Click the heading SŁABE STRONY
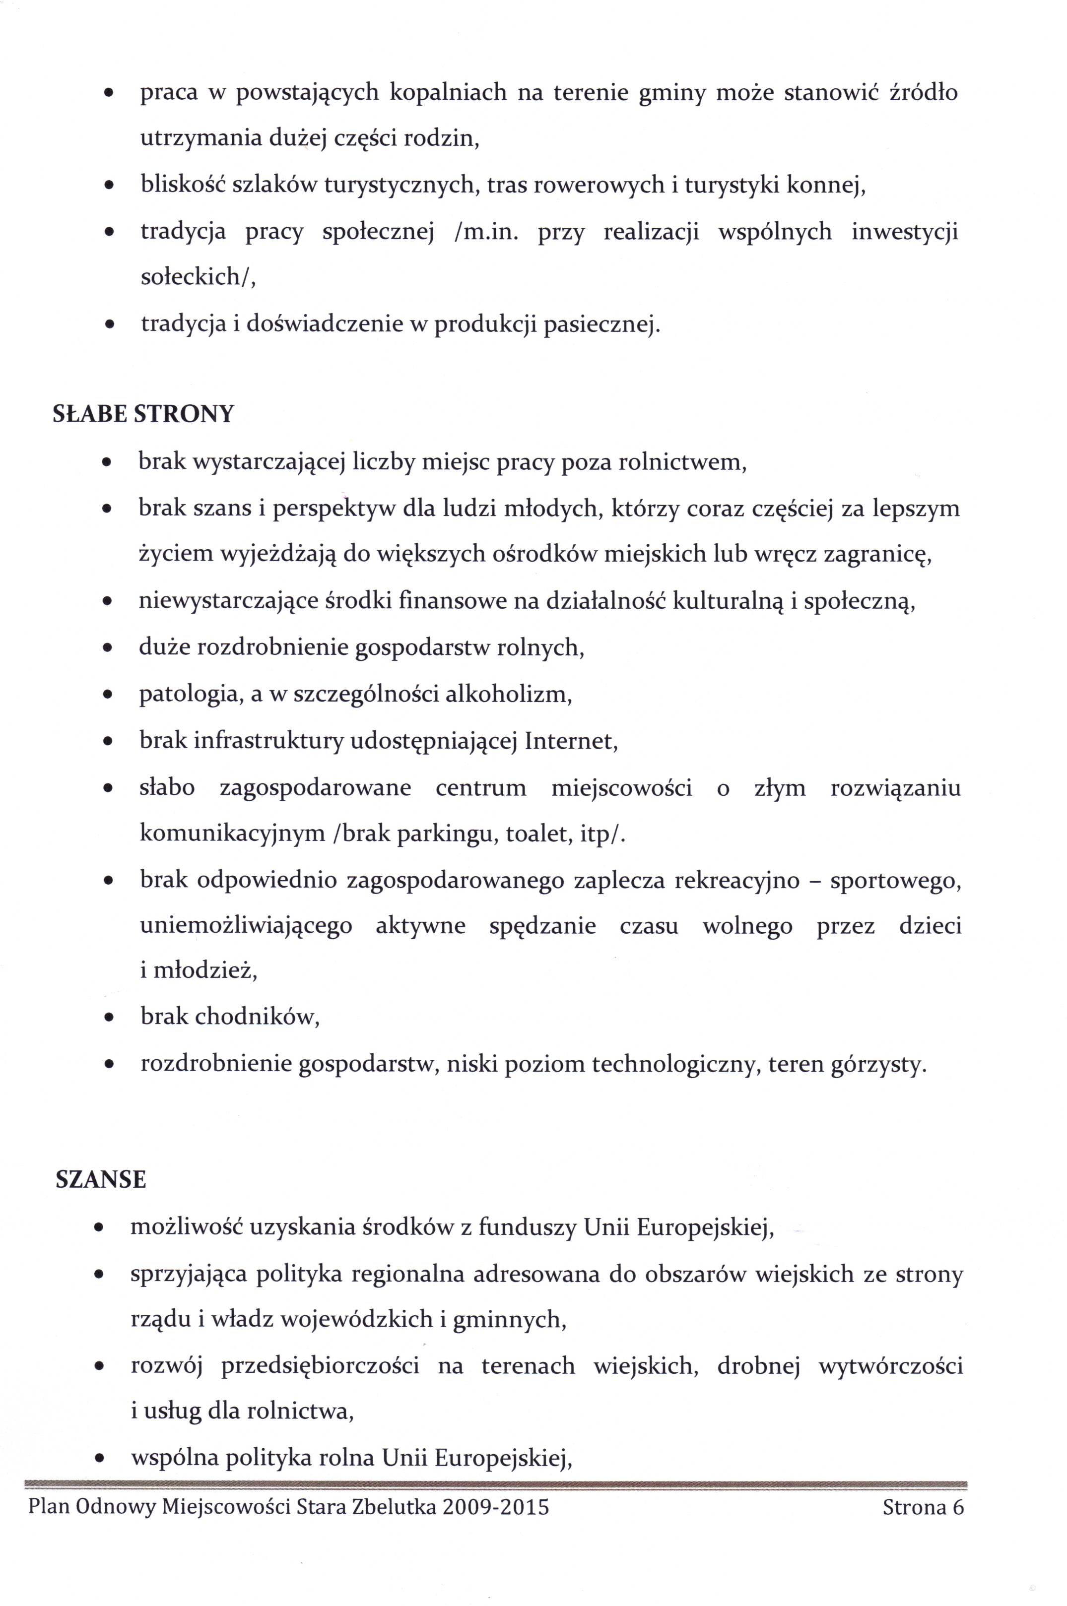coord(143,414)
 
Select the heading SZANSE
coord(101,1179)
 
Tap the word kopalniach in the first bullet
coord(448,92)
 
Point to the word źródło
coord(924,92)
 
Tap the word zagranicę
coord(876,555)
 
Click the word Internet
coord(570,741)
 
